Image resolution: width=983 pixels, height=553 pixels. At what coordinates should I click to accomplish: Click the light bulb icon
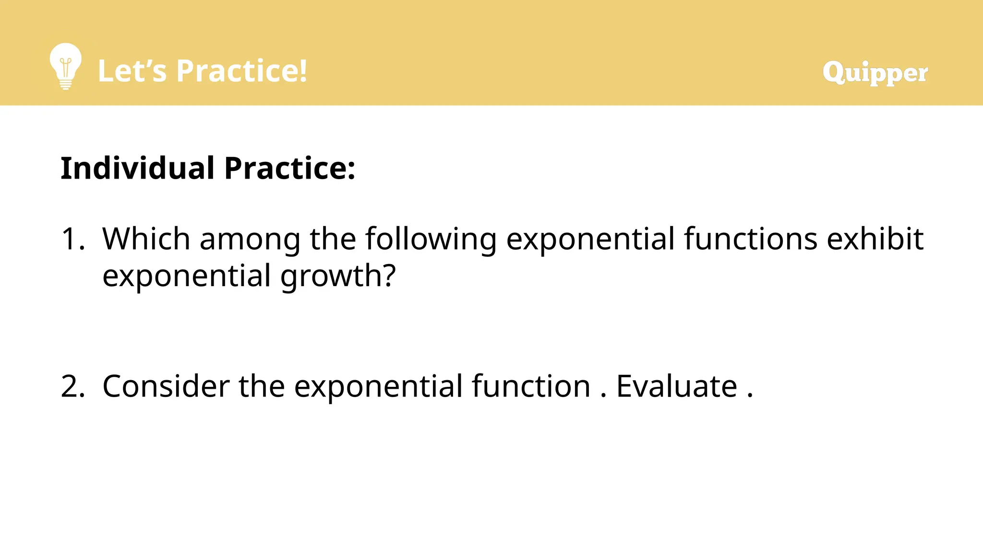(66, 66)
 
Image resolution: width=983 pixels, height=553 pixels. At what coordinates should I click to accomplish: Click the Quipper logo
(875, 72)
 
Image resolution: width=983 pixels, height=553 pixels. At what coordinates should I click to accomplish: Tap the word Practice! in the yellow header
(241, 71)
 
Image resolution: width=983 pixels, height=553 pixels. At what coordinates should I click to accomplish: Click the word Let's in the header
(132, 71)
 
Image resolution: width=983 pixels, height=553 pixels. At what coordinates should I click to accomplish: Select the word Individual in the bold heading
(137, 168)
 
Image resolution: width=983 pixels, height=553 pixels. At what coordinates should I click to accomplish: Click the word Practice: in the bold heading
(290, 168)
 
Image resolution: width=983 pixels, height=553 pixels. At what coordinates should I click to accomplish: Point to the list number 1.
(72, 239)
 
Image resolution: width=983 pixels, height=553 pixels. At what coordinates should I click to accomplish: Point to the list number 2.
(72, 386)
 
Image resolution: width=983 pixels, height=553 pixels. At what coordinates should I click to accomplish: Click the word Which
(146, 239)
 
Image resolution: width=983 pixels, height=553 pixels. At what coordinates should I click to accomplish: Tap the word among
(250, 239)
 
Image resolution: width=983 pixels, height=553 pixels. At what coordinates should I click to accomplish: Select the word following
(431, 239)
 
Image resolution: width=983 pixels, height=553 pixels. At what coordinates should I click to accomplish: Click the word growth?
(338, 276)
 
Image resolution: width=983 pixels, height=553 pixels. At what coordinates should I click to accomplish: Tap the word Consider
(166, 386)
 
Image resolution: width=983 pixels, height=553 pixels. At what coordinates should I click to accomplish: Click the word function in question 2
(530, 386)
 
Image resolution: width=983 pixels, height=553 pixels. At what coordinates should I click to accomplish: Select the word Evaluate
(676, 386)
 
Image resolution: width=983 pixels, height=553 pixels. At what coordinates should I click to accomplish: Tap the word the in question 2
(262, 386)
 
